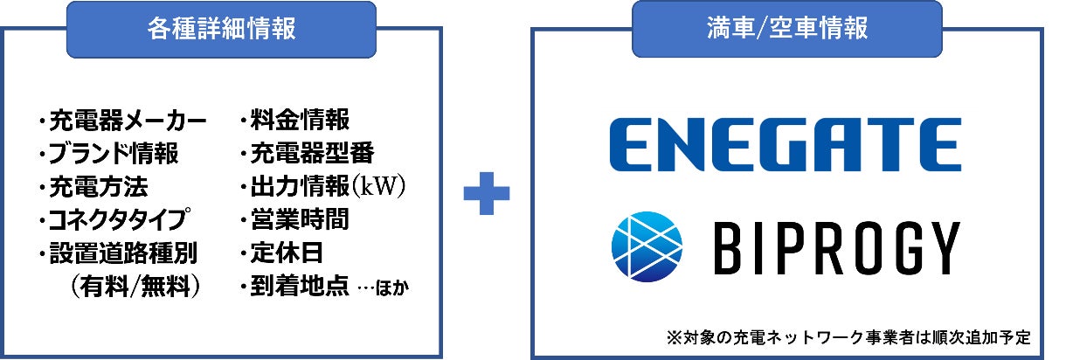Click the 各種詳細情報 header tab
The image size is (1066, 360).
[221, 29]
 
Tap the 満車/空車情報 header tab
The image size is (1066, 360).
[787, 29]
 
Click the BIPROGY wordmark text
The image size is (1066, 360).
[838, 247]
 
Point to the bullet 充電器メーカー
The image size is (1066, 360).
[123, 119]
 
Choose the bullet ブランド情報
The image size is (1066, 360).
[109, 154]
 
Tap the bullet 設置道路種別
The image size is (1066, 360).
[118, 253]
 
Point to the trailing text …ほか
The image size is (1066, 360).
[383, 287]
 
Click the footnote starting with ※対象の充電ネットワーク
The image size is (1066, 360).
[847, 336]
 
